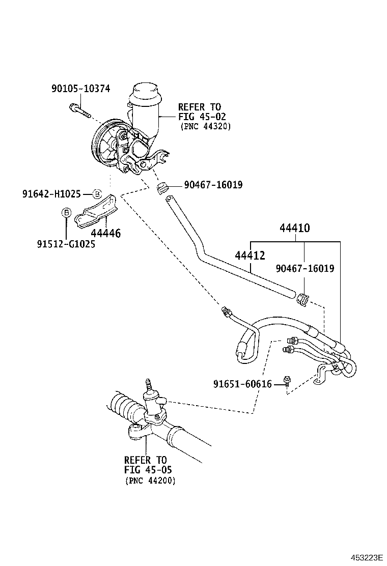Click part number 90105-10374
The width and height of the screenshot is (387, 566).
80,88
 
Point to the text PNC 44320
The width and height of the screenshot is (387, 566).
205,127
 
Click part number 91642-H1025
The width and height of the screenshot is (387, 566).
51,193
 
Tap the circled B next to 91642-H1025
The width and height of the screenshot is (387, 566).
97,193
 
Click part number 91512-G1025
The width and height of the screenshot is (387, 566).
66,244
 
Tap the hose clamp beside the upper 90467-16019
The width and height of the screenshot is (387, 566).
162,187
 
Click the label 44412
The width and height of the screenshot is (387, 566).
250,256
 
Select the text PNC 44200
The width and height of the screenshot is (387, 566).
150,480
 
